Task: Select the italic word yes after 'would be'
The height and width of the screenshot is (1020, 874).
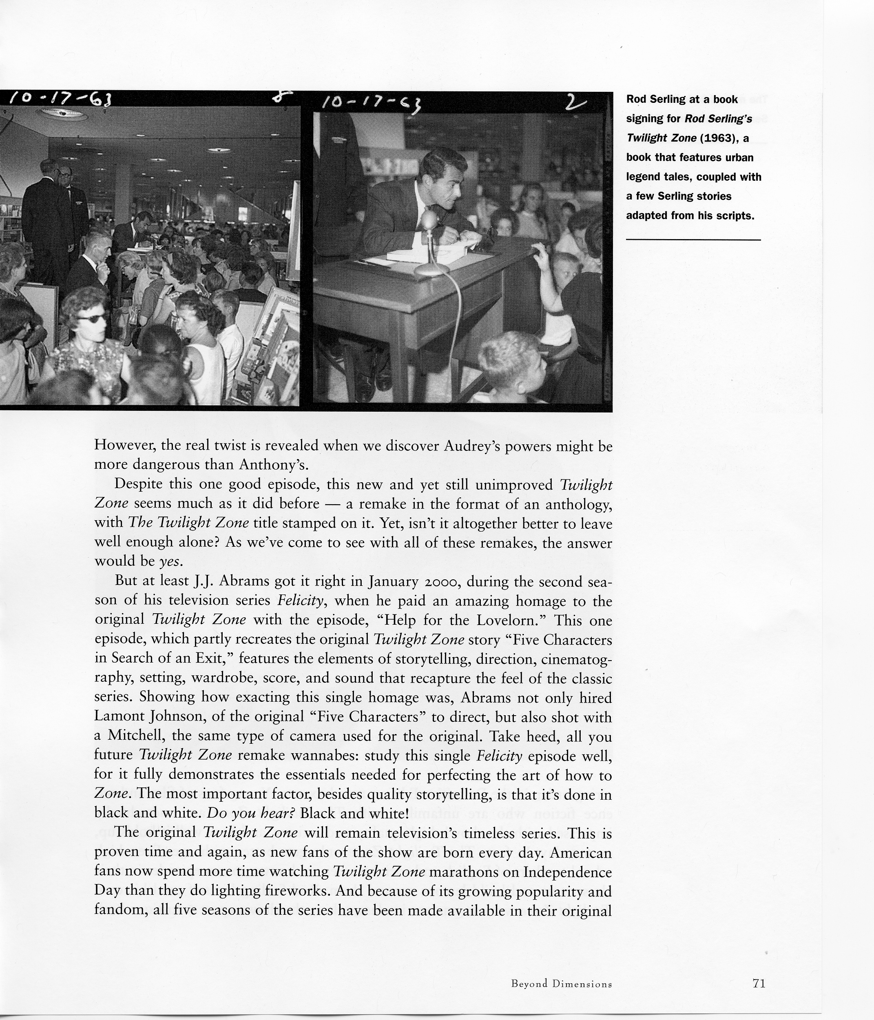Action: click(170, 561)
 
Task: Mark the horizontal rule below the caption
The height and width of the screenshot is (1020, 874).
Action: click(693, 239)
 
